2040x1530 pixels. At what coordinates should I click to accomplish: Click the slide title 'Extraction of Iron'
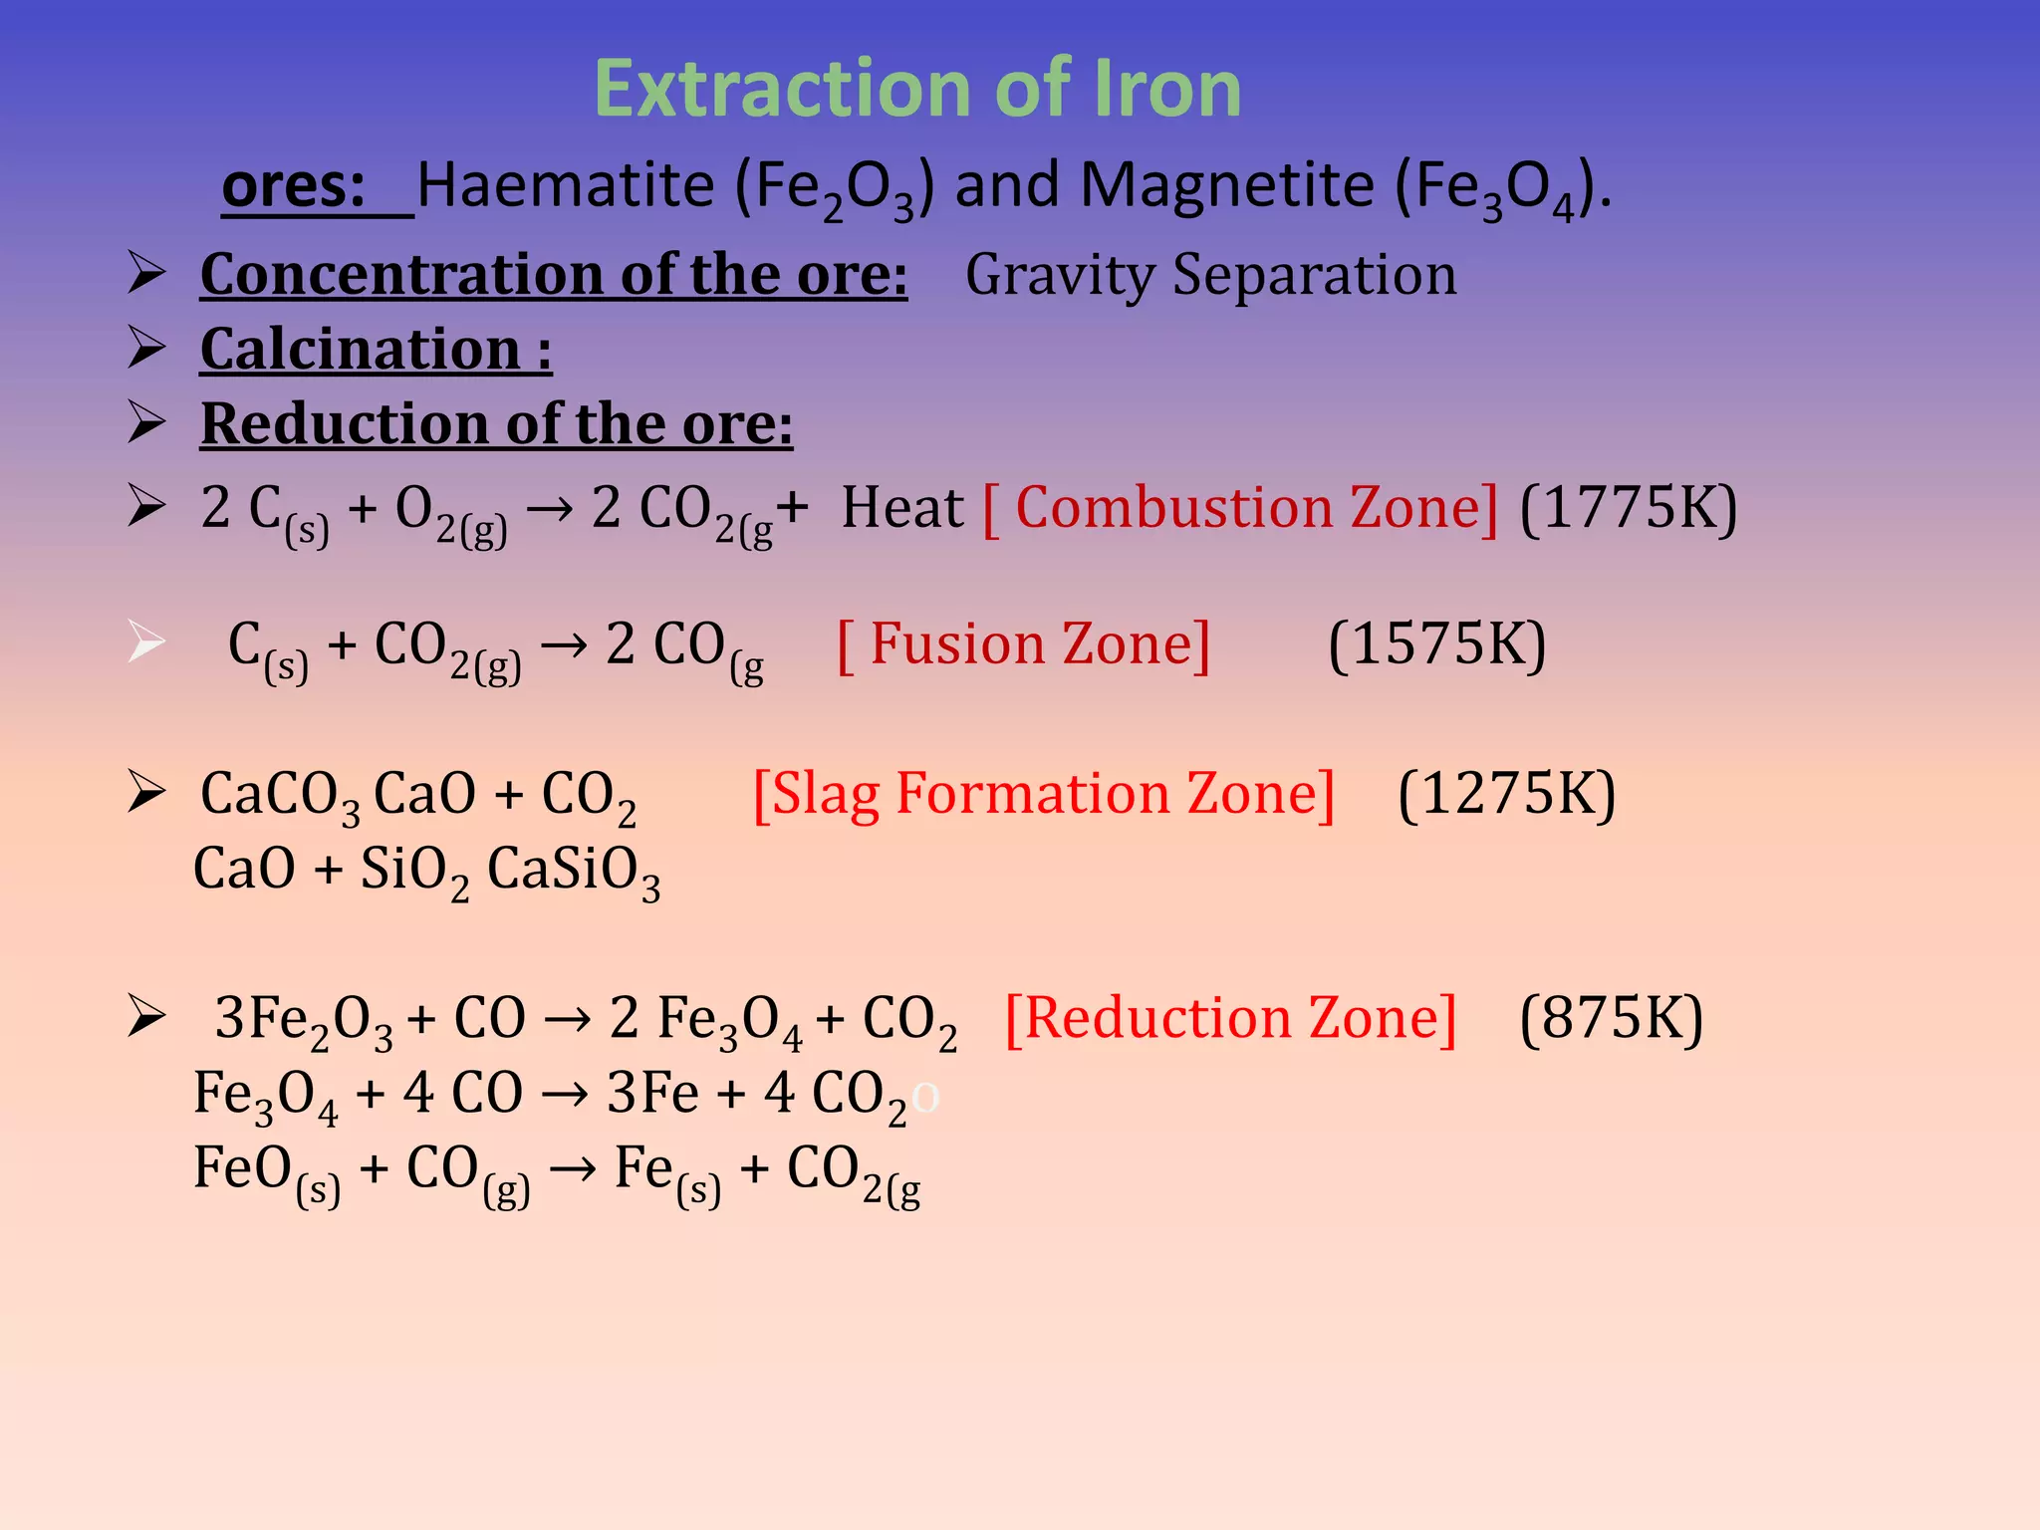click(916, 90)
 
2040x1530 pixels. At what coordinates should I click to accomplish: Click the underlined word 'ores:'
click(295, 186)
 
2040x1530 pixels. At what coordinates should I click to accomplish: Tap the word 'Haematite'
click(566, 186)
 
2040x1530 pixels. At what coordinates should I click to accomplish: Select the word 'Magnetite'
click(1227, 186)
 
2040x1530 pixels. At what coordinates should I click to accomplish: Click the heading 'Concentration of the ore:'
click(554, 274)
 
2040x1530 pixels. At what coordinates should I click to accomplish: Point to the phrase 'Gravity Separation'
click(1210, 274)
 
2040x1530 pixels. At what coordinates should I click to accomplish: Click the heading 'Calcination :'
click(376, 350)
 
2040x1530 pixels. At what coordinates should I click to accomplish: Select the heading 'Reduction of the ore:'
click(496, 424)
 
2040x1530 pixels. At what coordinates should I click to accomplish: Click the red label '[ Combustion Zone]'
click(1240, 508)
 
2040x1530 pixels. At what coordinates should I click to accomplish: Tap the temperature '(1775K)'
click(1629, 508)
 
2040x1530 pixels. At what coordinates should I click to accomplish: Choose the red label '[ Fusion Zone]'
click(1024, 644)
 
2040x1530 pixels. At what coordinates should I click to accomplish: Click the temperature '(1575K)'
click(1436, 644)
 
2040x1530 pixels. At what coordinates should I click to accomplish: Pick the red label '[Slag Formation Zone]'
click(1043, 794)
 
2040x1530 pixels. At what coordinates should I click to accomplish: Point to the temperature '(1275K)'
click(1506, 794)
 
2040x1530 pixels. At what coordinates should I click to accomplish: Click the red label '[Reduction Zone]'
click(1230, 1018)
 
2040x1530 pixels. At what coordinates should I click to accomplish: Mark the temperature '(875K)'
click(1611, 1018)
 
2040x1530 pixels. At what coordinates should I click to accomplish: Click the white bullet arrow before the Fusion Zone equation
click(146, 641)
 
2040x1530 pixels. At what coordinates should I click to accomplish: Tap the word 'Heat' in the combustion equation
click(902, 508)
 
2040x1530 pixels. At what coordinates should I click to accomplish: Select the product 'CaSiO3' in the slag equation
click(573, 871)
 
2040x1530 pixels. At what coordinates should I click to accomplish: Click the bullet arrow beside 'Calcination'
click(146, 348)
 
